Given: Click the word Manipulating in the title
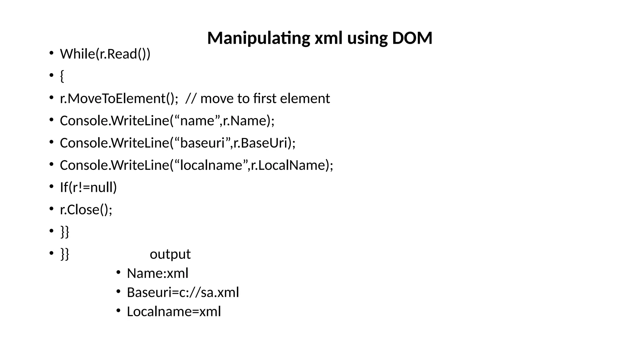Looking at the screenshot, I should [x=258, y=38].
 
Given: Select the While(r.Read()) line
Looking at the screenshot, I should [x=105, y=54].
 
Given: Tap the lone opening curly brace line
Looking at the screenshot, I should [x=62, y=76].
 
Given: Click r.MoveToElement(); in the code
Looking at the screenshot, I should [x=119, y=98].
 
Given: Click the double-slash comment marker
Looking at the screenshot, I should [x=191, y=98].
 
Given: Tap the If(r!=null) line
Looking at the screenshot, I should [x=88, y=187].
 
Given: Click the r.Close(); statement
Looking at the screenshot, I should [x=86, y=209].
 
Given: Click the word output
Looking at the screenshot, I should [x=170, y=254].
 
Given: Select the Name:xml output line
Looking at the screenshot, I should [x=157, y=273].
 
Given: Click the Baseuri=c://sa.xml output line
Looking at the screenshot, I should [x=183, y=292].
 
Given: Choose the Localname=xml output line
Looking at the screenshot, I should [x=174, y=312].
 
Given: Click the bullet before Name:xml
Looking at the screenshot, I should [x=118, y=273].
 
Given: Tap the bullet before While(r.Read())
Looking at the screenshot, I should [x=51, y=53].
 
